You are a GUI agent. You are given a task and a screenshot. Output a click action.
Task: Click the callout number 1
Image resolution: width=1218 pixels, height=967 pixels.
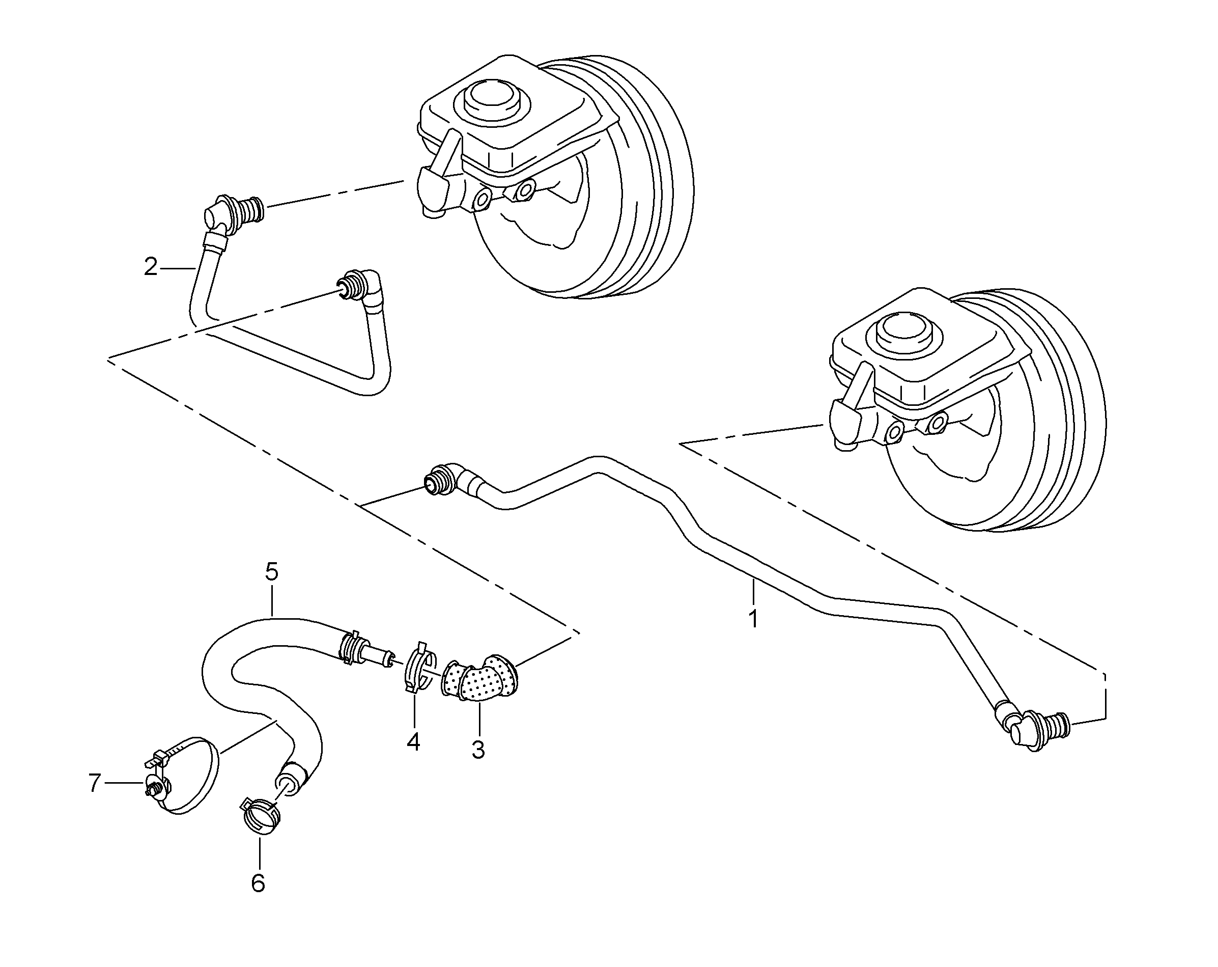point(753,619)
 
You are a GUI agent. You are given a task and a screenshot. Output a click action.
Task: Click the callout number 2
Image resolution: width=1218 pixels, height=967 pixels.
point(150,267)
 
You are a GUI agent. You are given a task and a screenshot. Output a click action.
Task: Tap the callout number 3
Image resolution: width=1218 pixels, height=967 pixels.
point(478,750)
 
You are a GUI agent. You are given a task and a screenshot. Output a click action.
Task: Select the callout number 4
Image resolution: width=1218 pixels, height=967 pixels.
point(413,741)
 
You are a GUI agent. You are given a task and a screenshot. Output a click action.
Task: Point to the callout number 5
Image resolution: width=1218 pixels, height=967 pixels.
point(272,572)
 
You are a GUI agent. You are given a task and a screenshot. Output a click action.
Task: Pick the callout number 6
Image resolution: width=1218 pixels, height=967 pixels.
point(258,883)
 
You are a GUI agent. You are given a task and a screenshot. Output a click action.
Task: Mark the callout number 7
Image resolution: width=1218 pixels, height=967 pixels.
point(94,783)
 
